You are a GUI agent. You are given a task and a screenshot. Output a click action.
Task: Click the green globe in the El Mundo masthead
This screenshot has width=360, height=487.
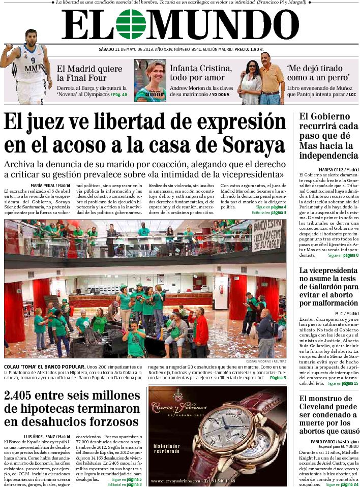[x=131, y=24]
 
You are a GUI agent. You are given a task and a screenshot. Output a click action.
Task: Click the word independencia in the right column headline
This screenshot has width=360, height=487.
[x=328, y=155]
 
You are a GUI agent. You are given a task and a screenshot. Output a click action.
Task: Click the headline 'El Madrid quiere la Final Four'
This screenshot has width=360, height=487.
[x=82, y=73]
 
